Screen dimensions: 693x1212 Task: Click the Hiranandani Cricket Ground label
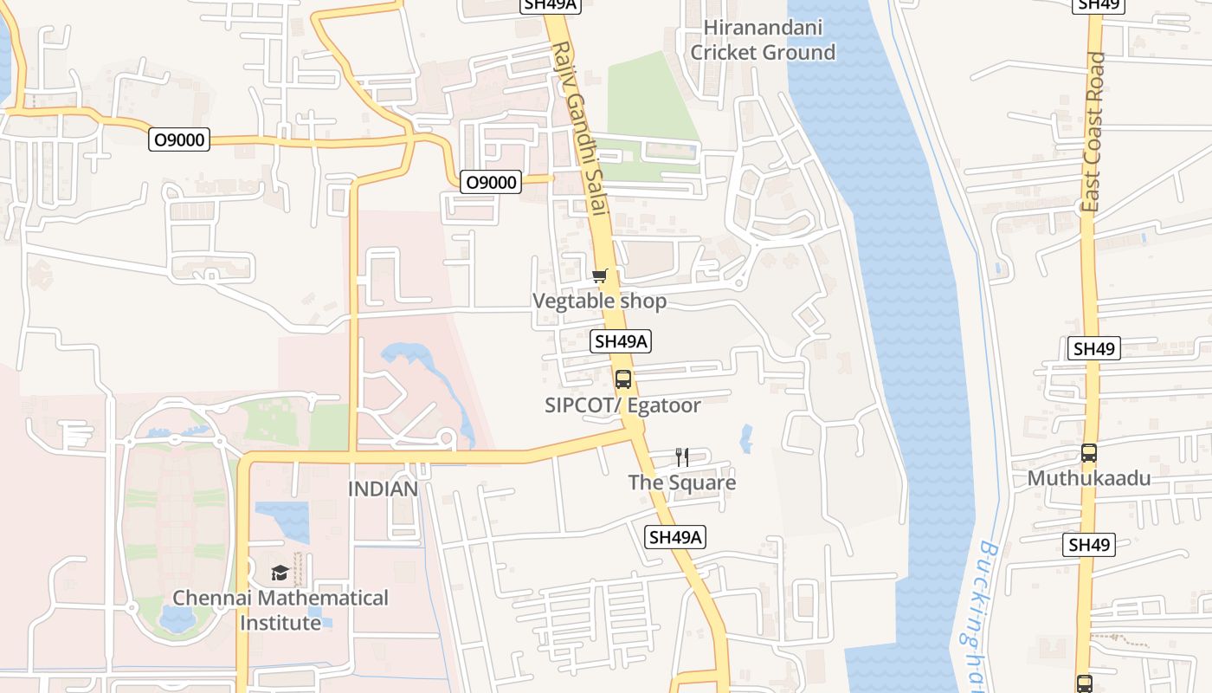tap(763, 40)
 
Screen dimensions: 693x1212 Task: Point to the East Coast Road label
tap(1093, 132)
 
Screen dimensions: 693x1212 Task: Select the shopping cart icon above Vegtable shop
tap(599, 276)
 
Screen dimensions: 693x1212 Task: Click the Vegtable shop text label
tap(599, 301)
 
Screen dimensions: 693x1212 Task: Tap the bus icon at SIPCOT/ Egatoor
tap(622, 379)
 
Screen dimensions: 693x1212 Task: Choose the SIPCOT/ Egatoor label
tap(622, 405)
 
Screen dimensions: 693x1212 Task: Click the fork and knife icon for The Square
tap(682, 457)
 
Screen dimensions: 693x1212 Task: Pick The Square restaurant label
tap(682, 483)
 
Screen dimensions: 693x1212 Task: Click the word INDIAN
tap(383, 489)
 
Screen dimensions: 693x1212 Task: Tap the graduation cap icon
tap(280, 573)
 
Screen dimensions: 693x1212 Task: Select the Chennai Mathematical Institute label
tap(280, 610)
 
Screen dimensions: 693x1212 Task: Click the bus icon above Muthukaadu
tap(1088, 453)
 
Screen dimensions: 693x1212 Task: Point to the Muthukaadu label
tap(1088, 478)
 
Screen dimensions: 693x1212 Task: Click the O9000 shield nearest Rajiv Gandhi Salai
tap(491, 182)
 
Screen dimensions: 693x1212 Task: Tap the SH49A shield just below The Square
tap(676, 537)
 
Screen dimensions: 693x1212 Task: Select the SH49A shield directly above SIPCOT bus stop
tap(621, 341)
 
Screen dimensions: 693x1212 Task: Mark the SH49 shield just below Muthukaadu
tap(1088, 545)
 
